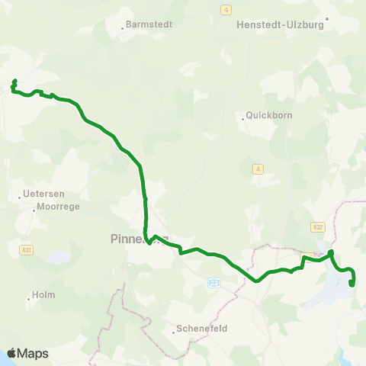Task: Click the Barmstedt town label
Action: [148, 24]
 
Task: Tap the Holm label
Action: [43, 295]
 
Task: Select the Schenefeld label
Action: [202, 329]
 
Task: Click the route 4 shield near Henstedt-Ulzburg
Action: [226, 9]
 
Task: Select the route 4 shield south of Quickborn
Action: [258, 169]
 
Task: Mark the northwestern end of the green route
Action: [14, 81]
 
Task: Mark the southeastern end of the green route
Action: [352, 284]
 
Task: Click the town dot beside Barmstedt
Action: [123, 29]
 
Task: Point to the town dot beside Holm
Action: [29, 299]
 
